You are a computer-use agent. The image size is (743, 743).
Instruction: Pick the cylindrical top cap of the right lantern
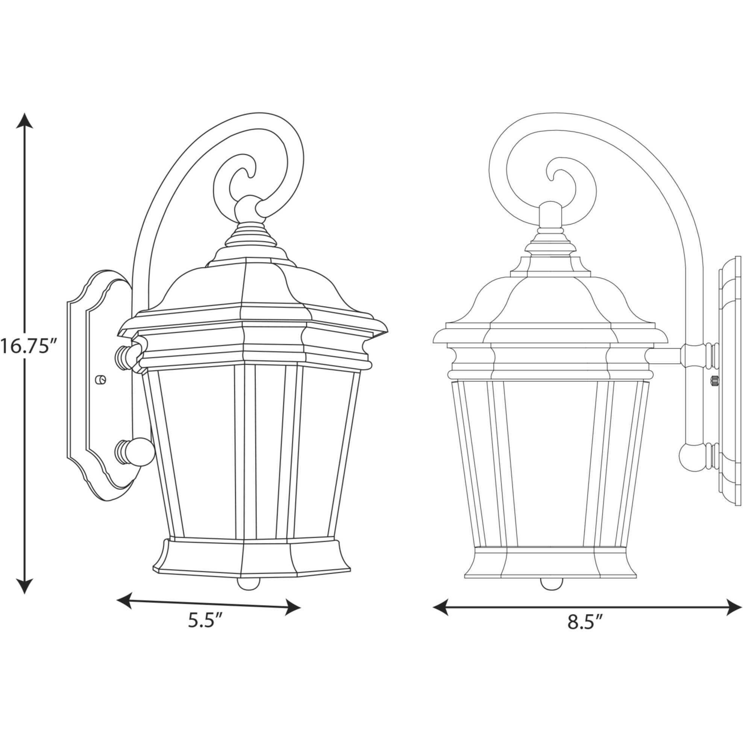(551, 216)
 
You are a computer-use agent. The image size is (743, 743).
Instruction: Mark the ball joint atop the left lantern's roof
(248, 210)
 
